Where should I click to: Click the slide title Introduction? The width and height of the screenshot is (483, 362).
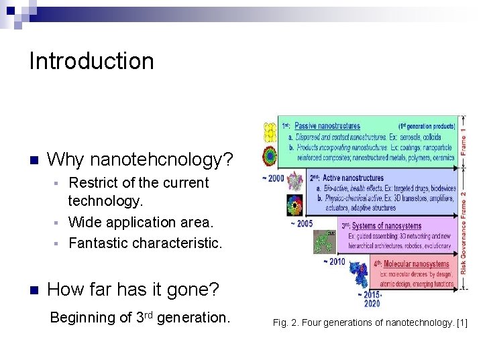click(91, 61)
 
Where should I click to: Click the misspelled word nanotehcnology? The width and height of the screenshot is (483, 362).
click(161, 160)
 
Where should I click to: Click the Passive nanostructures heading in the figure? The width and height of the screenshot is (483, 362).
click(327, 125)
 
